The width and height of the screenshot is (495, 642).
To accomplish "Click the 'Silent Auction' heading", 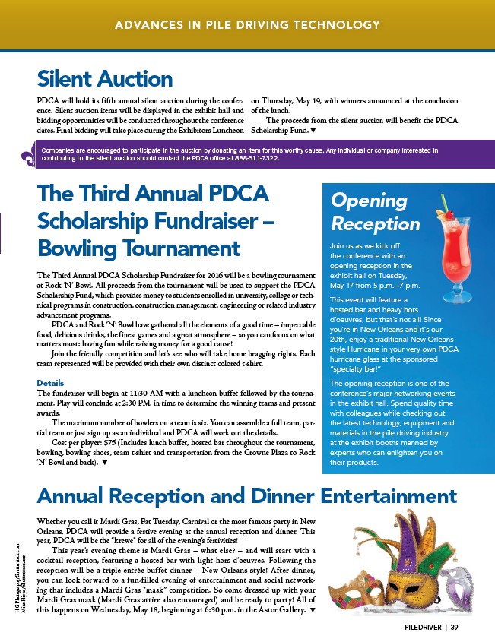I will point(105,78).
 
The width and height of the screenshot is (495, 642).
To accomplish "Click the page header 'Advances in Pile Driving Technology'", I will point(247,25).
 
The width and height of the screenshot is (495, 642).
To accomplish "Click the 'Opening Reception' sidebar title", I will point(376,212).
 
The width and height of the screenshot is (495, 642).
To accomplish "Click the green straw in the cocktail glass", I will point(443,201).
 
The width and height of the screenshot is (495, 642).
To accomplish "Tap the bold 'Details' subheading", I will point(50,382).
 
